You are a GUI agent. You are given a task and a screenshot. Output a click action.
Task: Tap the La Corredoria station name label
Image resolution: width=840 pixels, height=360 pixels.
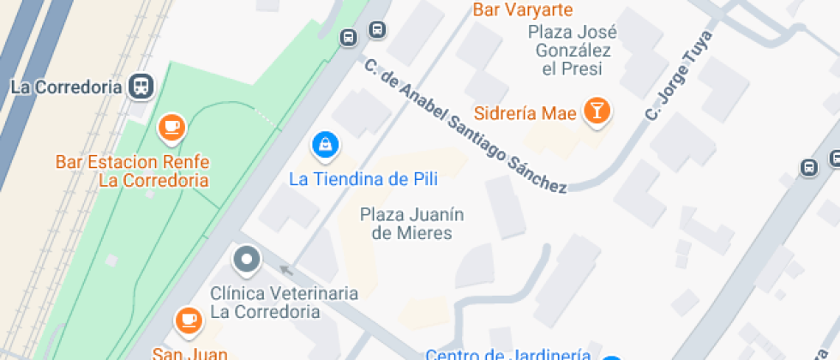[x=64, y=87]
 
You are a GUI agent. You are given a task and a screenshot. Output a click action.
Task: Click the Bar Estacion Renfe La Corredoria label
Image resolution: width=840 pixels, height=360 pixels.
[x=132, y=171]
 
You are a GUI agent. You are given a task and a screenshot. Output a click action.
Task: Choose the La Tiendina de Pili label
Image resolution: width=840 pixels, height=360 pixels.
[x=363, y=179]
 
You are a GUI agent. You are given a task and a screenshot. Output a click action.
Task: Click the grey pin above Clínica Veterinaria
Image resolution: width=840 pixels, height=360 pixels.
[x=247, y=259]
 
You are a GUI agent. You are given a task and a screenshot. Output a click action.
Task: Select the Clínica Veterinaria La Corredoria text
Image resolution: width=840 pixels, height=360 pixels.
[x=285, y=303]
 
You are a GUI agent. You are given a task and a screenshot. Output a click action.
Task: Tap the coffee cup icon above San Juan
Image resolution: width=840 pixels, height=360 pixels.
[x=187, y=321]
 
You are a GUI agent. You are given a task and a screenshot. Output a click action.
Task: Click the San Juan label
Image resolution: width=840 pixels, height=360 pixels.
[x=190, y=352]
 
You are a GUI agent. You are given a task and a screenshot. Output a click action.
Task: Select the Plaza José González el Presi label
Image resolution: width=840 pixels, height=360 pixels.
[x=573, y=51]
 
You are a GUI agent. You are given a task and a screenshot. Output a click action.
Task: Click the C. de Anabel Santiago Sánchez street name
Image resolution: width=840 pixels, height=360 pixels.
[x=465, y=126]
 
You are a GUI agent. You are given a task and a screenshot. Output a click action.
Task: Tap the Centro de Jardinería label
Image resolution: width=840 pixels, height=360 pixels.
[x=508, y=353]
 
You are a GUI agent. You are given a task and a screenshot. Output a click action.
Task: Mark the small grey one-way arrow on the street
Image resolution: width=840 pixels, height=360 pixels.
[x=286, y=270]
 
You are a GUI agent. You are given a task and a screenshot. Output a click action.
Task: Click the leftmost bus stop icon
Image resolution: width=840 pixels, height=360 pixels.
[x=349, y=38]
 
